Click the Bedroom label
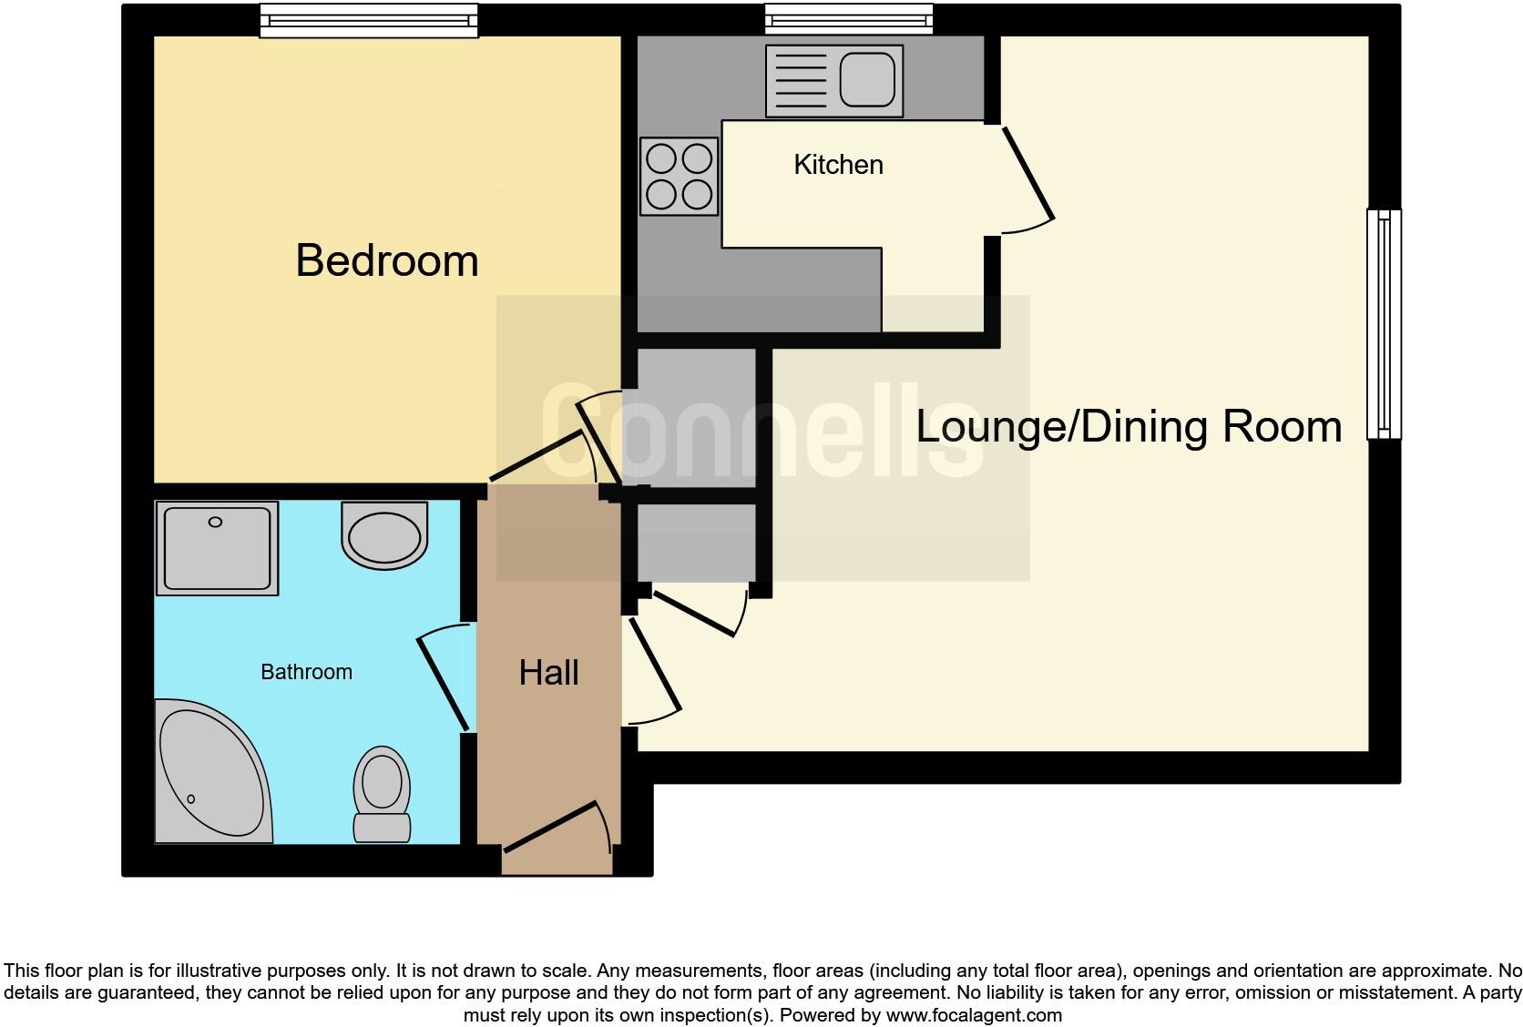[x=387, y=261]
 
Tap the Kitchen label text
[x=838, y=165]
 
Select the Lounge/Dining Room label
[x=1128, y=426]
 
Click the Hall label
[x=548, y=673]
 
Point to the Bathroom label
[x=306, y=672]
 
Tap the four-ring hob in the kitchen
[x=679, y=177]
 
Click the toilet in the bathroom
[x=382, y=794]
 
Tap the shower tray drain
[x=215, y=522]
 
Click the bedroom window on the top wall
[x=368, y=20]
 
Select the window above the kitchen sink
[x=848, y=18]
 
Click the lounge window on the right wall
[x=1384, y=324]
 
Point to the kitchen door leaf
[x=1028, y=174]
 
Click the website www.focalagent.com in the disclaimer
[x=973, y=1014]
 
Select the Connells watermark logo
[x=762, y=432]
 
